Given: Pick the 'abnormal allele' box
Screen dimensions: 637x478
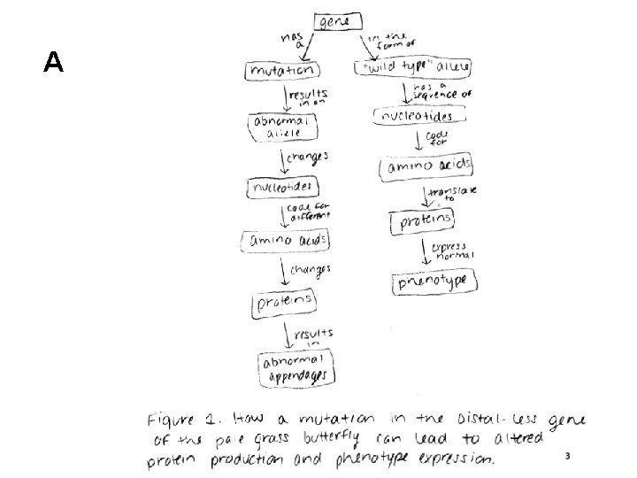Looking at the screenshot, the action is [x=278, y=127].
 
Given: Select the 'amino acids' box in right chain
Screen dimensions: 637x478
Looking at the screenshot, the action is [x=426, y=166].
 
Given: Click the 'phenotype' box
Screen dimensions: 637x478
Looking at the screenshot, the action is [x=435, y=282].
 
